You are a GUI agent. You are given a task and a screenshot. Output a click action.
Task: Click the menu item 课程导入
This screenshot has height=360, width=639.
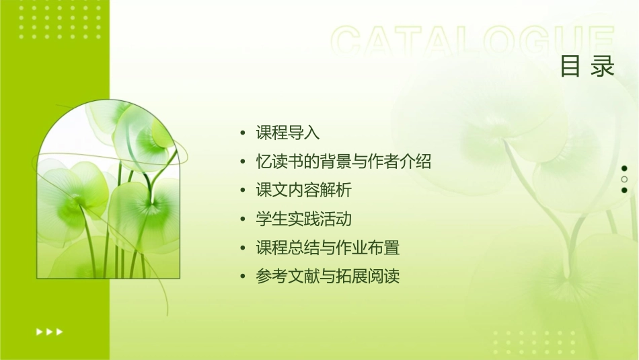[x=287, y=133]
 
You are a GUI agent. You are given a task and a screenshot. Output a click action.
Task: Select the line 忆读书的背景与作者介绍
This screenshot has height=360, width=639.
[x=343, y=161]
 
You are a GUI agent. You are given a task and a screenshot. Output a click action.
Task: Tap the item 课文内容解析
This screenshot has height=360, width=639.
[x=303, y=190]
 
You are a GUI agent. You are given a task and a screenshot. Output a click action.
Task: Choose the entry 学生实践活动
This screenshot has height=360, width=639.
[x=303, y=219]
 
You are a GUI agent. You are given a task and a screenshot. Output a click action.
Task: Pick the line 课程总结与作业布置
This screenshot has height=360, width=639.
[x=328, y=248]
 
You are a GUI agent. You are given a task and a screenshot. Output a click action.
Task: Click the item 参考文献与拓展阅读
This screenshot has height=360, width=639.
[x=328, y=277]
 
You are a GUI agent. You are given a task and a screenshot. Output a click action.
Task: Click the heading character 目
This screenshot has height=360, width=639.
[x=570, y=67]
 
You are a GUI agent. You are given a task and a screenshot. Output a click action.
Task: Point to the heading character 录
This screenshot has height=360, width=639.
[x=603, y=67]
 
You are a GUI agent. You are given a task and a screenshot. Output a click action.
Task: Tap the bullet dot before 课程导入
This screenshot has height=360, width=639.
[x=243, y=133]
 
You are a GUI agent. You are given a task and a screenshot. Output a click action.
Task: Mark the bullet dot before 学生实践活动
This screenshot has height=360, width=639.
[x=243, y=220]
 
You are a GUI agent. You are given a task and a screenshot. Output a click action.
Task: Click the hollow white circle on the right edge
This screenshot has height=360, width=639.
[x=624, y=180]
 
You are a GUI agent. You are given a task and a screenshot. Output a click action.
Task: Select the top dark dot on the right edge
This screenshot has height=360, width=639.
[x=624, y=168]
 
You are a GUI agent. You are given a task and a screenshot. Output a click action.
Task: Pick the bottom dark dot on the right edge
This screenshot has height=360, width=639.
[x=624, y=190]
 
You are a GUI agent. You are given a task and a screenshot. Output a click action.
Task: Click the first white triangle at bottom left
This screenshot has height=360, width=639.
[x=38, y=332]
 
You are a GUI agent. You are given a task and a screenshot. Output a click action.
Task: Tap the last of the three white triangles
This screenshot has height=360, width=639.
[x=60, y=332]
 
